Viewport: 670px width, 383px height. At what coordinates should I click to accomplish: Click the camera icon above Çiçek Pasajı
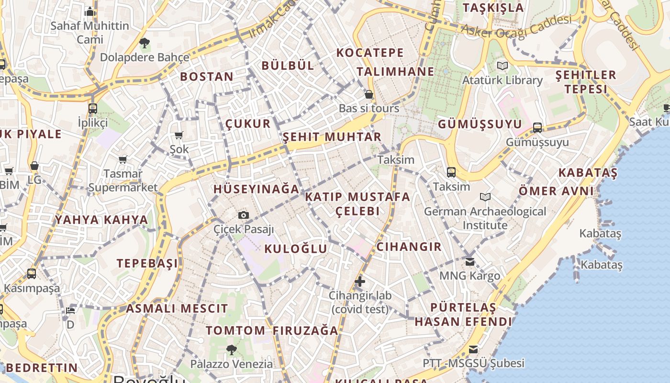[244, 215]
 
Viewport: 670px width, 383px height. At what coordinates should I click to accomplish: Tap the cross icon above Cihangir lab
[360, 282]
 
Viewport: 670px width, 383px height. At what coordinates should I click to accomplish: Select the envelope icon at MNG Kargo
[470, 261]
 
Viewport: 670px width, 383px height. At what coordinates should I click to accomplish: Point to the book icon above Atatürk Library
[502, 66]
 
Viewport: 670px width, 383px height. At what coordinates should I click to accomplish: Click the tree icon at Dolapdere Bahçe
[145, 43]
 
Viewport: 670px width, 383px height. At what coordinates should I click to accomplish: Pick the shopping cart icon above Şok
[179, 135]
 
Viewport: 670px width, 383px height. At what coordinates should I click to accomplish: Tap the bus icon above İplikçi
[93, 108]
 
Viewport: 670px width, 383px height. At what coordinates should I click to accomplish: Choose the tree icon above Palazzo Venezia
[232, 350]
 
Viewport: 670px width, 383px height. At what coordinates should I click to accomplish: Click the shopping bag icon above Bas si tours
[369, 94]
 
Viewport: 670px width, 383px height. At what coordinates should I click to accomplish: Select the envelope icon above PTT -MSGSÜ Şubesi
[473, 349]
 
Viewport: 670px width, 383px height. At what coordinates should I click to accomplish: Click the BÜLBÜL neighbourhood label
[288, 66]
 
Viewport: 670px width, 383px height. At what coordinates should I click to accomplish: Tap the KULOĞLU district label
[296, 248]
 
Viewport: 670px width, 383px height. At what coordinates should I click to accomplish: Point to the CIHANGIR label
[409, 247]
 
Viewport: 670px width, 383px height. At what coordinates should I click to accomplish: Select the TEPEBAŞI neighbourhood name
[147, 263]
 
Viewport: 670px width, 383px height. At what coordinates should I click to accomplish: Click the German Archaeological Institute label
[485, 218]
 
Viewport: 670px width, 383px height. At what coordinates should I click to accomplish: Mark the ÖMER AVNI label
[556, 191]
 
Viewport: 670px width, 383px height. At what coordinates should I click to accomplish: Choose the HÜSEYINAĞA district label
[257, 189]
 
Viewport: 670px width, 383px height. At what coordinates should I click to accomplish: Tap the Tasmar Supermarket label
[123, 180]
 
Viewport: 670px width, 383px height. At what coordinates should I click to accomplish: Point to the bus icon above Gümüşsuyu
[537, 127]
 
